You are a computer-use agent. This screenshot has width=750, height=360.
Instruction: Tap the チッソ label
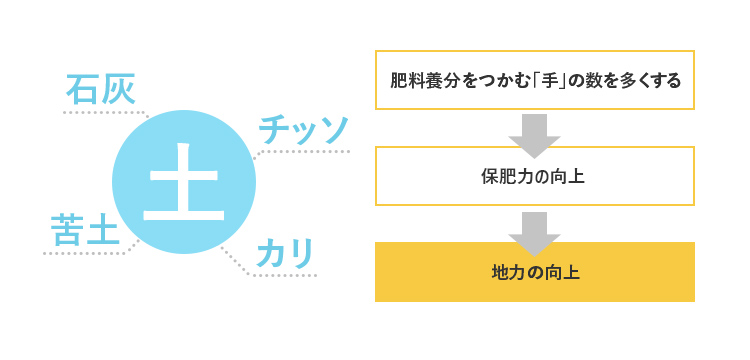(303, 128)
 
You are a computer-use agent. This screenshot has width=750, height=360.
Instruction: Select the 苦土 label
(84, 229)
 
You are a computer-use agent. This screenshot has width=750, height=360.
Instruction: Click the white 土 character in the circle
(184, 183)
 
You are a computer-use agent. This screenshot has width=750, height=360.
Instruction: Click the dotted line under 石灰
(100, 112)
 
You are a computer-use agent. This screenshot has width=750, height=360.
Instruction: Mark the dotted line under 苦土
(85, 253)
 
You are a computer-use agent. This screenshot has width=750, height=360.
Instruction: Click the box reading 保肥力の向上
(534, 176)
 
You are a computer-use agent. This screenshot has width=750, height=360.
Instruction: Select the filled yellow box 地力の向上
(534, 271)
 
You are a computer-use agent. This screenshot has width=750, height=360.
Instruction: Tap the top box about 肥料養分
(534, 80)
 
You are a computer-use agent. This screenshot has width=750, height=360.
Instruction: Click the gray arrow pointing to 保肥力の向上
(534, 133)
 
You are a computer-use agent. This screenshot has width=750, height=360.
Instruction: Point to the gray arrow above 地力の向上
(534, 228)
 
